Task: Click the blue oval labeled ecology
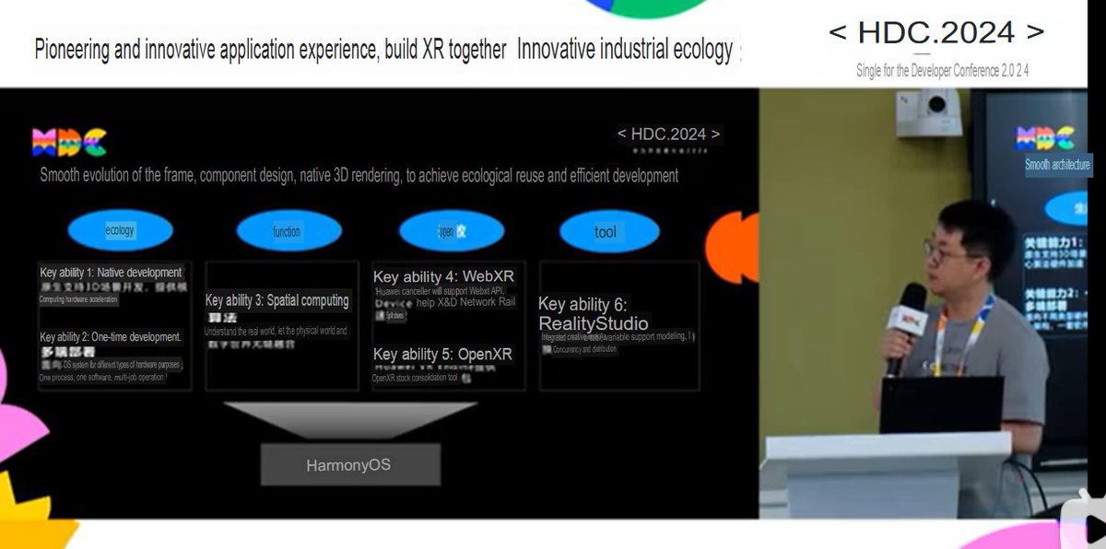pyautogui.click(x=120, y=231)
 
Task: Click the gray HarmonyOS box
pyautogui.click(x=349, y=465)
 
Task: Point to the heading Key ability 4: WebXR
pyautogui.click(x=443, y=276)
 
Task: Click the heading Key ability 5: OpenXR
pyautogui.click(x=442, y=355)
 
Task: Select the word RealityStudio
pyautogui.click(x=594, y=323)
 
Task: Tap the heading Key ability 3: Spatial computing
pyautogui.click(x=276, y=300)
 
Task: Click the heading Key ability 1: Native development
pyautogui.click(x=112, y=273)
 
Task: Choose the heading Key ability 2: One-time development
pyautogui.click(x=111, y=337)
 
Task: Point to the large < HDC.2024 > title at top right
pyautogui.click(x=936, y=33)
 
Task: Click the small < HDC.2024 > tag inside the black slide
pyautogui.click(x=669, y=134)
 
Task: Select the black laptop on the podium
pyautogui.click(x=941, y=405)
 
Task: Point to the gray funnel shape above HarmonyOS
pyautogui.click(x=349, y=419)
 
